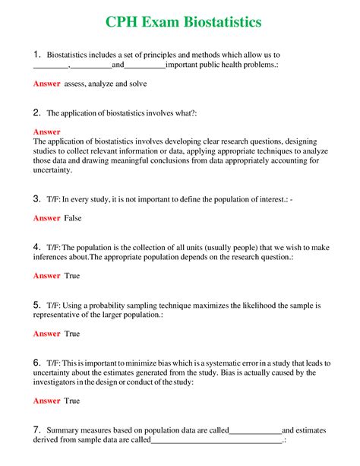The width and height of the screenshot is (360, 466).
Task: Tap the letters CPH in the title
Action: point(122,22)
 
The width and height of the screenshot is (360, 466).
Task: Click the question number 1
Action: point(36,55)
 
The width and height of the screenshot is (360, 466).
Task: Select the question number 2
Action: point(36,113)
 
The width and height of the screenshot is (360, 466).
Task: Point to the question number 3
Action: point(36,198)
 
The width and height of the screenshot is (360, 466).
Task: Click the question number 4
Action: point(36,247)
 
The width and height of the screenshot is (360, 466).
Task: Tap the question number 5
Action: point(36,305)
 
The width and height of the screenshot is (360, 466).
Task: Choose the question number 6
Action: point(36,363)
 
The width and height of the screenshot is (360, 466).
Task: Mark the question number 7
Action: point(36,430)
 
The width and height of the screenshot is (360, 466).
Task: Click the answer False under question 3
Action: point(73,218)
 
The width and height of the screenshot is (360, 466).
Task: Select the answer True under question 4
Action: point(72,276)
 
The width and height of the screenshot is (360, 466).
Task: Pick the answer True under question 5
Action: point(72,334)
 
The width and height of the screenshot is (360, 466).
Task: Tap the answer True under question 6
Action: point(72,401)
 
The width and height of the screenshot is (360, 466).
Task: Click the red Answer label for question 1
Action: point(46,84)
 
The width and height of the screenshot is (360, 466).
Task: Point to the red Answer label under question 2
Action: point(46,132)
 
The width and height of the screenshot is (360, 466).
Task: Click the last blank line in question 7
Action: point(216,440)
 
